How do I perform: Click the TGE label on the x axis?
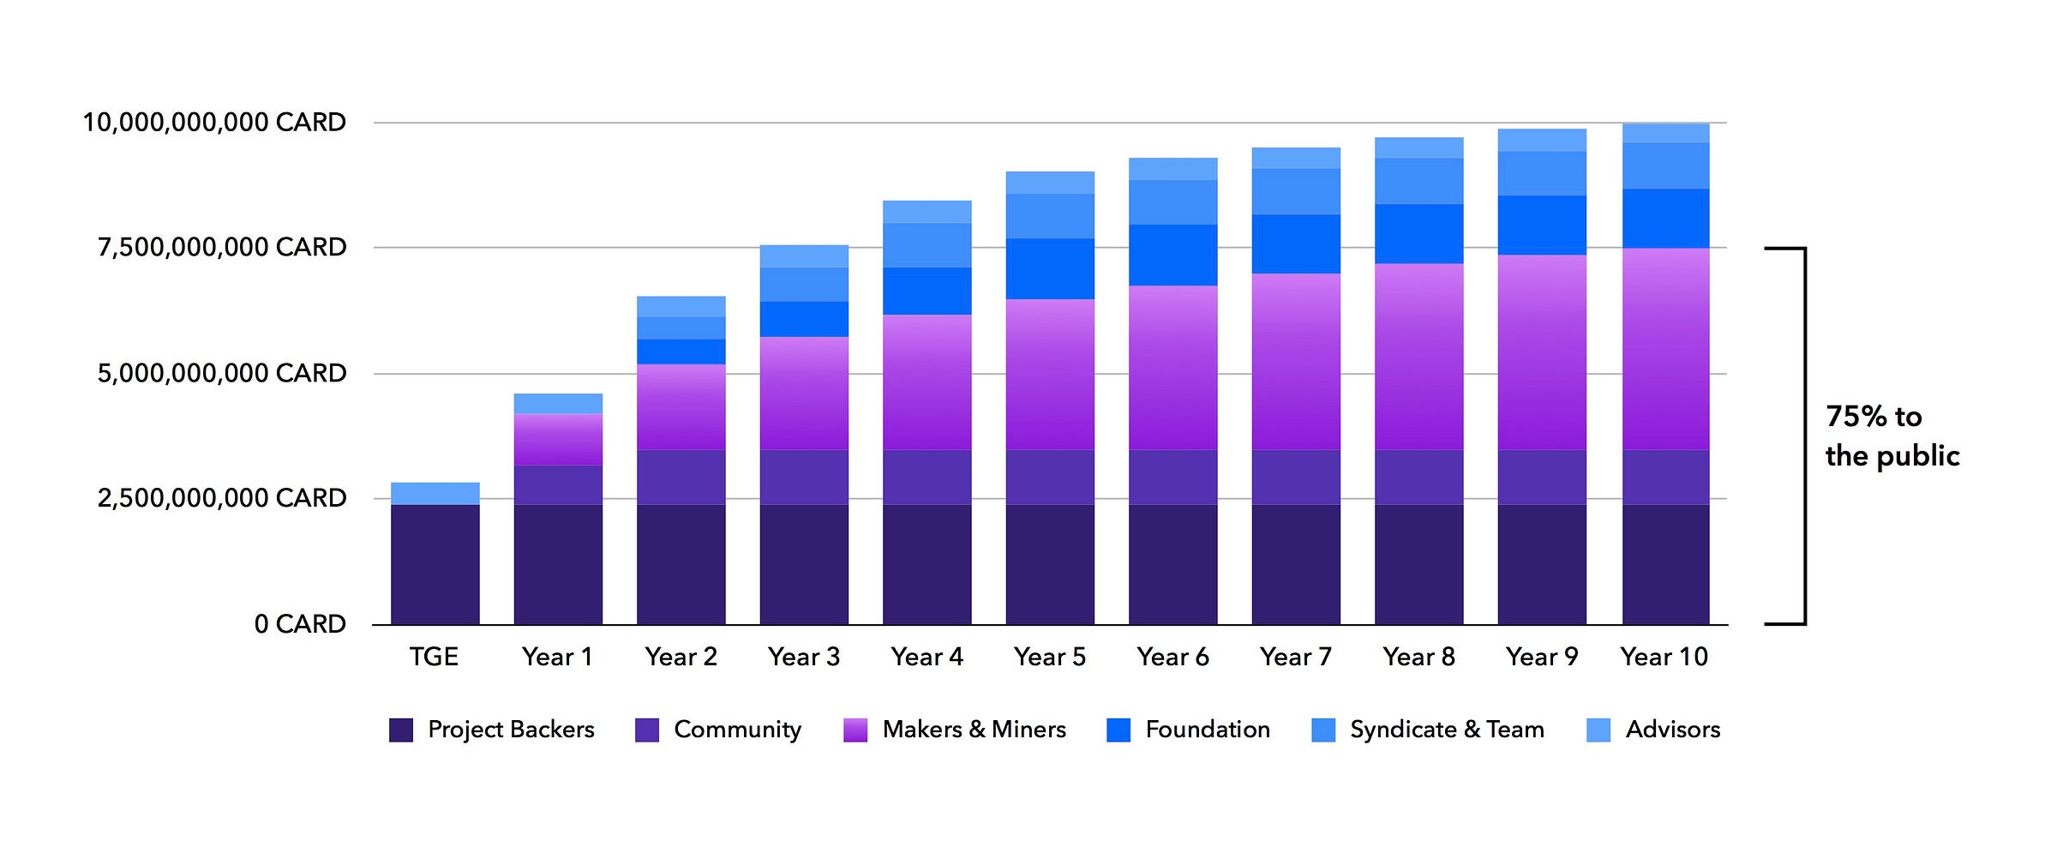pos(434,657)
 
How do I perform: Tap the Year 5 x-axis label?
pos(1049,657)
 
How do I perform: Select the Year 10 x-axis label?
pos(1664,657)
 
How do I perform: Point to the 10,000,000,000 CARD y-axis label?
pos(214,123)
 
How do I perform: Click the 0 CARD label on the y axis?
pos(300,623)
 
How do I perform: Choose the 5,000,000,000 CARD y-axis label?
pos(222,373)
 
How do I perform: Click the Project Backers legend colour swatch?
pos(401,730)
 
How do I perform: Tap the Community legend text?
pos(737,730)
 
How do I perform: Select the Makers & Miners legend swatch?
pos(855,730)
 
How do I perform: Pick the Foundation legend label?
pos(1207,730)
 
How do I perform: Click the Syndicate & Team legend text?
pos(1447,730)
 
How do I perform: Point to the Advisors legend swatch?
pos(1598,730)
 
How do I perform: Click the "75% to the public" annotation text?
pos(1892,436)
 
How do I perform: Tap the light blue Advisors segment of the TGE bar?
pos(435,493)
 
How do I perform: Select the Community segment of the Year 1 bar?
pos(558,484)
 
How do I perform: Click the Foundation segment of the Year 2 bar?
pos(681,351)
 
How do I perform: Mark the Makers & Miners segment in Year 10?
pos(1665,349)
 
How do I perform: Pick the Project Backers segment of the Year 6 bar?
pos(1172,564)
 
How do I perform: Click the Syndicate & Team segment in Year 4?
pos(927,245)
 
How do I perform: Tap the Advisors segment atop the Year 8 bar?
pos(1419,147)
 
